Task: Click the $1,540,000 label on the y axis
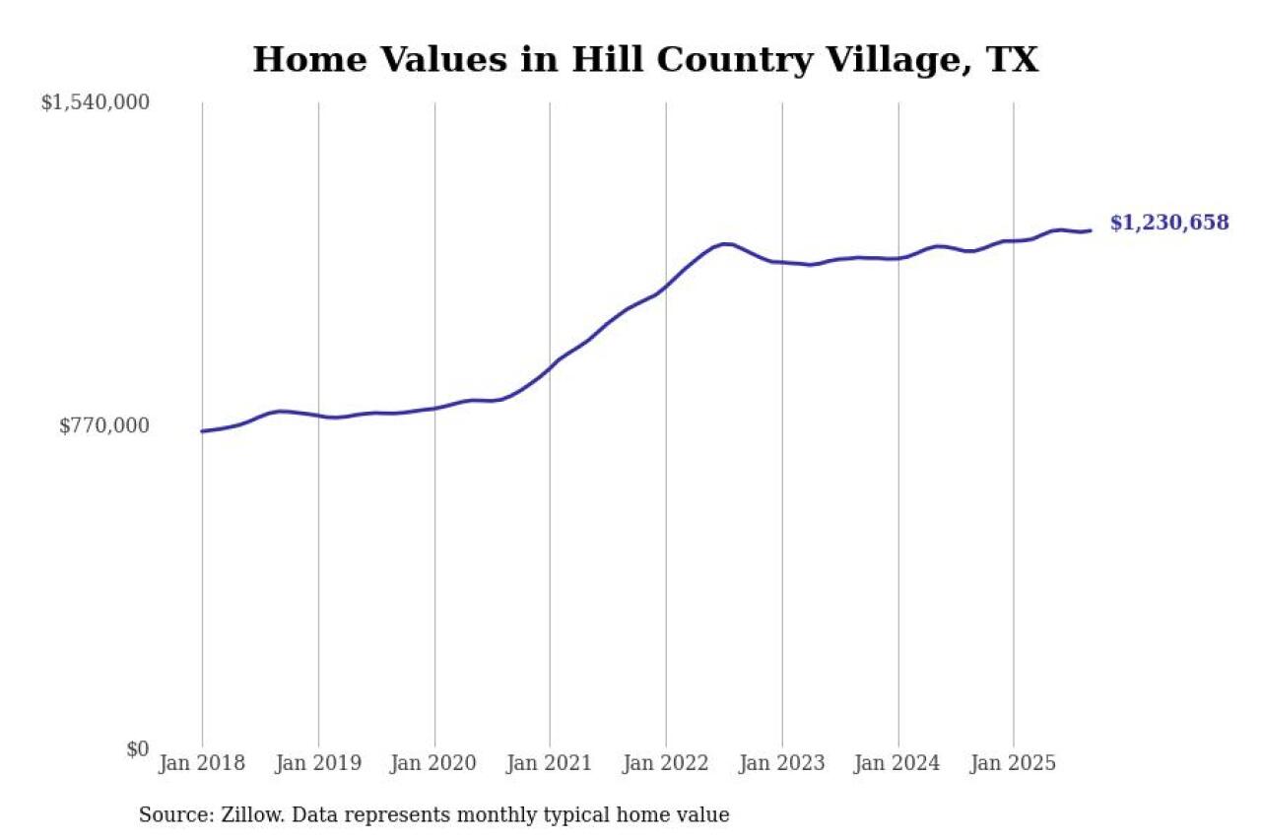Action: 96,102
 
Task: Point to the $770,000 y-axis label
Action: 104,425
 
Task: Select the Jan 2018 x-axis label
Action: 202,763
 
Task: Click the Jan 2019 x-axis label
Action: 318,763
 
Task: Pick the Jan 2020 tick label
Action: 434,763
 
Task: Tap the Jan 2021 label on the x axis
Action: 550,763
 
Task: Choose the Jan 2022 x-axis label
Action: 666,763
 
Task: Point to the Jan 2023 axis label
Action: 782,763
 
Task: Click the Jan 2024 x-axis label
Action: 897,763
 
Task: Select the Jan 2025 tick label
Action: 1014,763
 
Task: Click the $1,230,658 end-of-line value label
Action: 1169,223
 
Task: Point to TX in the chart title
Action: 1012,61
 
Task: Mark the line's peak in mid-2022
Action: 726,243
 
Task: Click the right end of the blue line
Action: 1090,230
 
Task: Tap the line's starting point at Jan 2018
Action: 202,431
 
